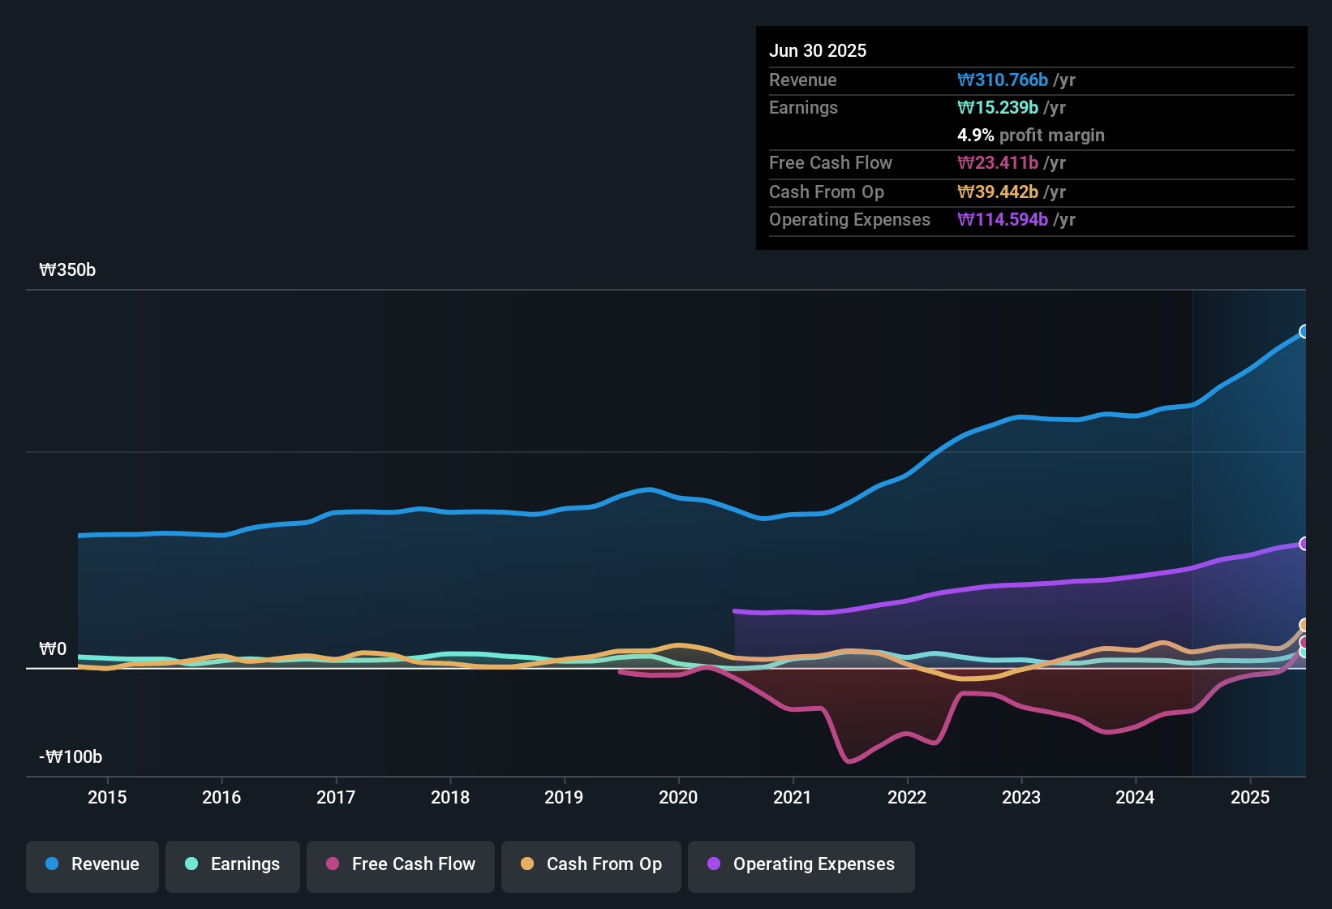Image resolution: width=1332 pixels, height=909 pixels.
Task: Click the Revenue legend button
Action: click(x=92, y=864)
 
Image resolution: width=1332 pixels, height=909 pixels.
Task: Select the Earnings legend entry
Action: click(x=233, y=864)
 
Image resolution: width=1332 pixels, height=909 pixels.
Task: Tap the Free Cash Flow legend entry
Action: click(x=401, y=864)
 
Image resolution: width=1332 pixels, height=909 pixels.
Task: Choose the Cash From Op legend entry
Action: click(x=591, y=864)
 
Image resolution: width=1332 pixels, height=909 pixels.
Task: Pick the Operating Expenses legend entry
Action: click(x=801, y=864)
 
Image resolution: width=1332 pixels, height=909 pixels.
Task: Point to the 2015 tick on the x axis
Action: click(x=107, y=797)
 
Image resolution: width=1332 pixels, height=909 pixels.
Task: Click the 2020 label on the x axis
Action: click(x=678, y=797)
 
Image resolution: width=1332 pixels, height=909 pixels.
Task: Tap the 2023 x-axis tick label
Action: click(x=1021, y=797)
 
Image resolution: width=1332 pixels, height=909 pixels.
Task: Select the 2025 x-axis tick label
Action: click(x=1250, y=797)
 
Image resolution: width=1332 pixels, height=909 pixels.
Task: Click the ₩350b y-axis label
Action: click(x=67, y=270)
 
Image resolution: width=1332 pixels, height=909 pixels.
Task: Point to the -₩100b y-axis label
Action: click(x=71, y=757)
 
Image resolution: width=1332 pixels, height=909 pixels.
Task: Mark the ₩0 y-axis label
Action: click(x=53, y=649)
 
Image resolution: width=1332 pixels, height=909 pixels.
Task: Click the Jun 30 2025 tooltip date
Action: click(x=818, y=50)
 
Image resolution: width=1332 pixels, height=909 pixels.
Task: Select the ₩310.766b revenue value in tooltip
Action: click(x=1003, y=80)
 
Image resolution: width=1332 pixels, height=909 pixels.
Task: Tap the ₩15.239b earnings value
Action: click(x=998, y=108)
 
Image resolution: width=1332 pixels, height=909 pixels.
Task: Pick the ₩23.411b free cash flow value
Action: click(x=998, y=163)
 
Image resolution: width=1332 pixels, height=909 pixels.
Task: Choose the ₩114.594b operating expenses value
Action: click(x=1003, y=220)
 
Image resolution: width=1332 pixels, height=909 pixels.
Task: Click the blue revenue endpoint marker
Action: click(x=1304, y=331)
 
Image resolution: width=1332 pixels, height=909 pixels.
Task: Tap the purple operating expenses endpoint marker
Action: click(x=1304, y=544)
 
